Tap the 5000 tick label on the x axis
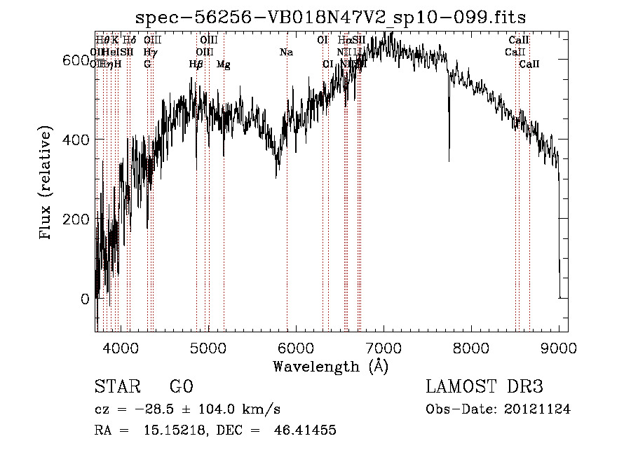[208, 348]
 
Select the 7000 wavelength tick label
[384, 348]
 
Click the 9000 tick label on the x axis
[559, 348]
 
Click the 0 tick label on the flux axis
[85, 299]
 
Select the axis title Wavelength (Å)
[330, 366]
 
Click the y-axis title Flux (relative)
[46, 184]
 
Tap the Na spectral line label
[286, 53]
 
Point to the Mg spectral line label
[224, 64]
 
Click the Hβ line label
[196, 64]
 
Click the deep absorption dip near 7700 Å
[449, 151]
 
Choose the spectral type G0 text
[181, 387]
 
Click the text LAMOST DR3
[484, 387]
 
